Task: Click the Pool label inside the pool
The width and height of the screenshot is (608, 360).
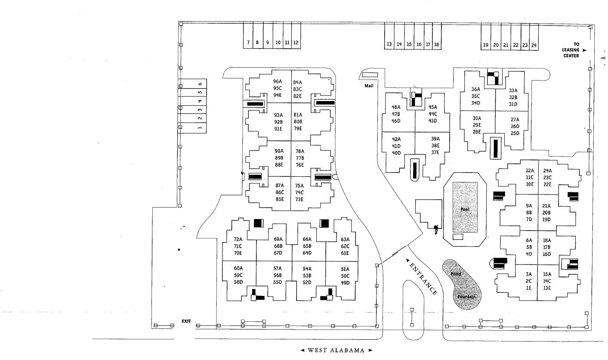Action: coord(465,209)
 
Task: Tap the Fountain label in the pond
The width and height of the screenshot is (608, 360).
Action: coord(466,297)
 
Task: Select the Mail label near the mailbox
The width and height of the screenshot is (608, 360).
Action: coord(369,86)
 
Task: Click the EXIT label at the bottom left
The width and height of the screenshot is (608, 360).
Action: coord(186,321)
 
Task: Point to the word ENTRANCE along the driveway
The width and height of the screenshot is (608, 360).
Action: coord(422,278)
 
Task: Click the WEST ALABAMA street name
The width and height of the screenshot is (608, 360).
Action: coord(336,350)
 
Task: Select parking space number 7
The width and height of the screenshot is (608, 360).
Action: coord(248,43)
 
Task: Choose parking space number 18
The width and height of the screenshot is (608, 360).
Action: coord(436,44)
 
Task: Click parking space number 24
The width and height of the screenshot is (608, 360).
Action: coord(534,45)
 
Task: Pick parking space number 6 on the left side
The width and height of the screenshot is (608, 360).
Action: coord(200,84)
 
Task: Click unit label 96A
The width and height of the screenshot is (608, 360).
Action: coord(278,81)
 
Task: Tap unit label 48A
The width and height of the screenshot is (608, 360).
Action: coord(396,107)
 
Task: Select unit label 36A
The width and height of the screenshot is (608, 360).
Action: coord(475,89)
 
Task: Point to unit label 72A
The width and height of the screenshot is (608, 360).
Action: coord(238,240)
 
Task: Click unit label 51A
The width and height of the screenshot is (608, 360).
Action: coord(345,269)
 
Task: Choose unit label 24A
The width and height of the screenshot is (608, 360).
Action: coord(547,170)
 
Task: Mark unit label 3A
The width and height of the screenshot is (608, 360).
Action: coord(528,274)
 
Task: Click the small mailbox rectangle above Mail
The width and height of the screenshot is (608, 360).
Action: coord(370,75)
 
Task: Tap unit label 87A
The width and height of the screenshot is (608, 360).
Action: coord(280,185)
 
